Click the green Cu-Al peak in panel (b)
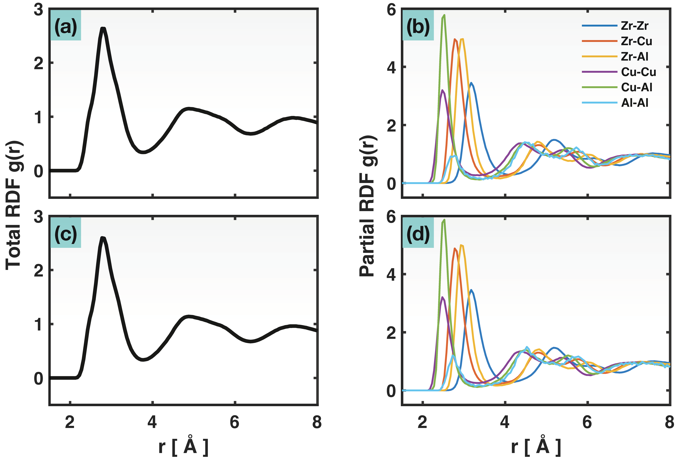(444, 15)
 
